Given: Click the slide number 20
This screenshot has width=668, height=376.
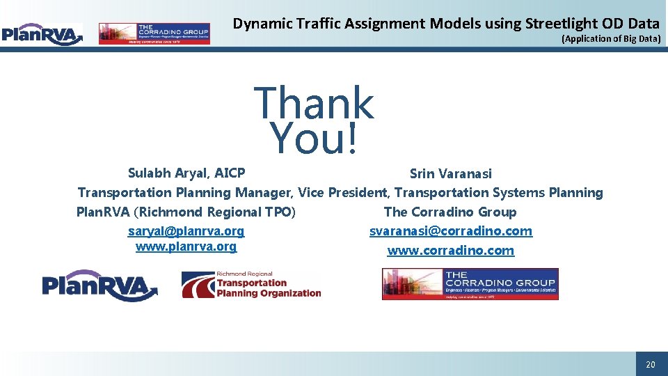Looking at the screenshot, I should click(x=651, y=365).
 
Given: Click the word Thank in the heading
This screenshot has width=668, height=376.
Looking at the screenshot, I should click(x=314, y=103).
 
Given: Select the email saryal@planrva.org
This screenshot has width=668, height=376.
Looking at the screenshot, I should click(x=186, y=231).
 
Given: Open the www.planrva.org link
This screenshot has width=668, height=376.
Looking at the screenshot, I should click(x=186, y=246).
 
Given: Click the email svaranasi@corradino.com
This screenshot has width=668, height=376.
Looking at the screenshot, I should click(x=450, y=231).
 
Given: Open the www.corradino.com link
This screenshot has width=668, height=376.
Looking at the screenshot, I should click(x=450, y=251).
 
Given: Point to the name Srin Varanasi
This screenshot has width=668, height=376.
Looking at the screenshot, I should click(x=450, y=173).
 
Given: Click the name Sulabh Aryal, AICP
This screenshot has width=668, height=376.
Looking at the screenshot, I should click(x=186, y=173).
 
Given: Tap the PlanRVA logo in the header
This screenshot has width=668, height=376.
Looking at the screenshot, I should click(x=42, y=33).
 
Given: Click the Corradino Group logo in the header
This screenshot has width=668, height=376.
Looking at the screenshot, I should click(x=154, y=33).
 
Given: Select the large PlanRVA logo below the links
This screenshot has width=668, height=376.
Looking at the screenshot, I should click(x=100, y=285).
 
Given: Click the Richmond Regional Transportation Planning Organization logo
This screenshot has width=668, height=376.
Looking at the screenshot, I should click(x=251, y=285).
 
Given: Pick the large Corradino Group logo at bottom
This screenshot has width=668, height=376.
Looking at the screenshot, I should click(x=470, y=284).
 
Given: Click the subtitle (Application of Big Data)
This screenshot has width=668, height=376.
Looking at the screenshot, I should click(x=610, y=39).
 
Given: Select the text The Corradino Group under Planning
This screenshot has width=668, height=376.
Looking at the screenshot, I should click(x=450, y=212).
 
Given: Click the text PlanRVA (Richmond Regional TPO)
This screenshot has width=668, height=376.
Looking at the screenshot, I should click(x=186, y=212).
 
